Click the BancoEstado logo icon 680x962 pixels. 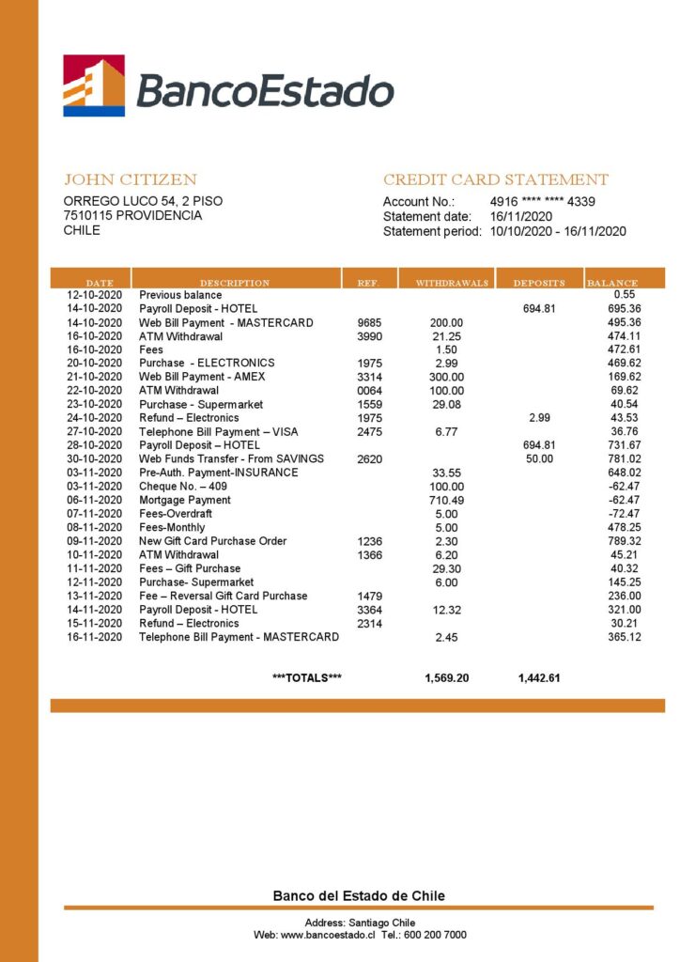(94, 85)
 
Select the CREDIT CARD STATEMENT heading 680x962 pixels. (495, 179)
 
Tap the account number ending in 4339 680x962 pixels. (542, 201)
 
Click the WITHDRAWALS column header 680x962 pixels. (452, 282)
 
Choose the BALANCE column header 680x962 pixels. (612, 282)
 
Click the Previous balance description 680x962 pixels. (180, 295)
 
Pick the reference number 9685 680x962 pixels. (370, 322)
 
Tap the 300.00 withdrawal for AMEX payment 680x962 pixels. (447, 377)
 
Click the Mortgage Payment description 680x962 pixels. (185, 500)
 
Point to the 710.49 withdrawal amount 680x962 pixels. (447, 500)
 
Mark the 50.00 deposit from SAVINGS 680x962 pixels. (539, 458)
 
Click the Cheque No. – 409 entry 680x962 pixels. (182, 487)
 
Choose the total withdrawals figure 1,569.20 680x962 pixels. (447, 677)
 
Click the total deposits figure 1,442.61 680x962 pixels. (539, 677)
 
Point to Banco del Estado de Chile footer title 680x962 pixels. (359, 896)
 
